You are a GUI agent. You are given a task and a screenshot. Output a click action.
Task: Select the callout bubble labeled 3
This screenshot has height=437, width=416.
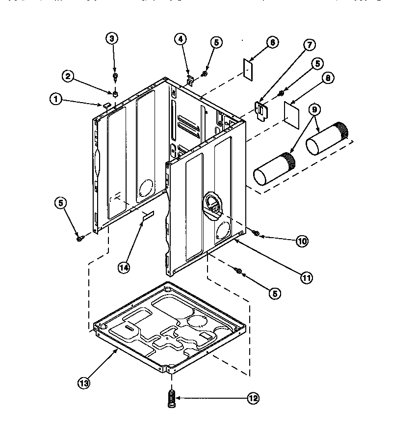[x=113, y=39]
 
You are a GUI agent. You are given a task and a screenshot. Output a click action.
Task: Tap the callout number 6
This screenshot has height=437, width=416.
[x=270, y=43]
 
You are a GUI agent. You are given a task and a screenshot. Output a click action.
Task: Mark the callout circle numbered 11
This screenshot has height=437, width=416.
[x=306, y=277]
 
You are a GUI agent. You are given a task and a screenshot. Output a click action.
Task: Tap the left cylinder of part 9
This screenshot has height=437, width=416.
[x=273, y=170]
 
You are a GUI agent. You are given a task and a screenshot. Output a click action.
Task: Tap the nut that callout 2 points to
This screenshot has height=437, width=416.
[x=115, y=93]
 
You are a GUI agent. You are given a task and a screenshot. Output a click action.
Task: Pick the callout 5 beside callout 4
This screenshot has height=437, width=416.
[x=216, y=43]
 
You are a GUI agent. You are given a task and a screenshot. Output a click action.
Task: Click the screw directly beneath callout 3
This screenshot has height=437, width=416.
[x=115, y=77]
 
